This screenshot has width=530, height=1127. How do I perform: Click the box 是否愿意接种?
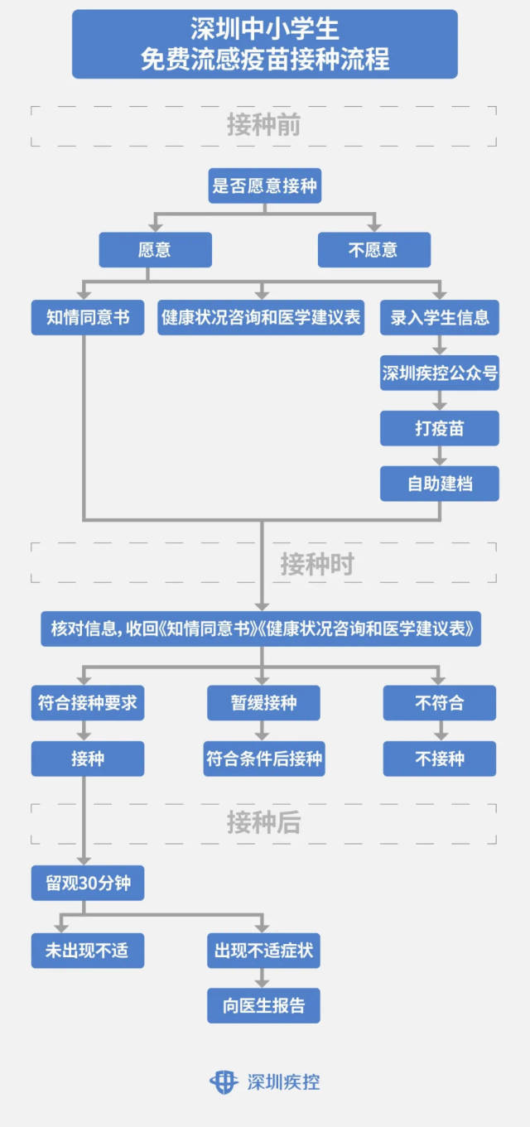(x=264, y=185)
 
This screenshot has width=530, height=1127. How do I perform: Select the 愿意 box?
(x=155, y=249)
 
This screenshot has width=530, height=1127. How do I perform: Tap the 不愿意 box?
(x=373, y=249)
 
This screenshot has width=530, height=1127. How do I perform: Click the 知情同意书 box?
(x=87, y=317)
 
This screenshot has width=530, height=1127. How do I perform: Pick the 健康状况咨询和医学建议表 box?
(x=262, y=317)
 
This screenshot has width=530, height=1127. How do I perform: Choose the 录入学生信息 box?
(x=440, y=317)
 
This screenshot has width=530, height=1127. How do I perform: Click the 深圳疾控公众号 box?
(x=440, y=373)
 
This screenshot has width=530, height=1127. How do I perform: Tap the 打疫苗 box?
(x=440, y=428)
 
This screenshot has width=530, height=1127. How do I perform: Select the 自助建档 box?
(x=440, y=483)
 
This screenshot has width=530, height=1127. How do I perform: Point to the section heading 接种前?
(x=263, y=125)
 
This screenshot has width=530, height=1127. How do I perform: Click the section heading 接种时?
(x=316, y=564)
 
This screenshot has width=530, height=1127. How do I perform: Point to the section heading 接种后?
(x=263, y=822)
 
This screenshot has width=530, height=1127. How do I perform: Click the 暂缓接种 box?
(x=263, y=703)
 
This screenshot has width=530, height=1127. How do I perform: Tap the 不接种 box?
(x=440, y=759)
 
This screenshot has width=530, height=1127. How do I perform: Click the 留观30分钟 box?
(x=88, y=883)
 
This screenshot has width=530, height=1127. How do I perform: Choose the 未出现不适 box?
(x=88, y=950)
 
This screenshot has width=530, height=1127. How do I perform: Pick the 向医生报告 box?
(x=263, y=1005)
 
